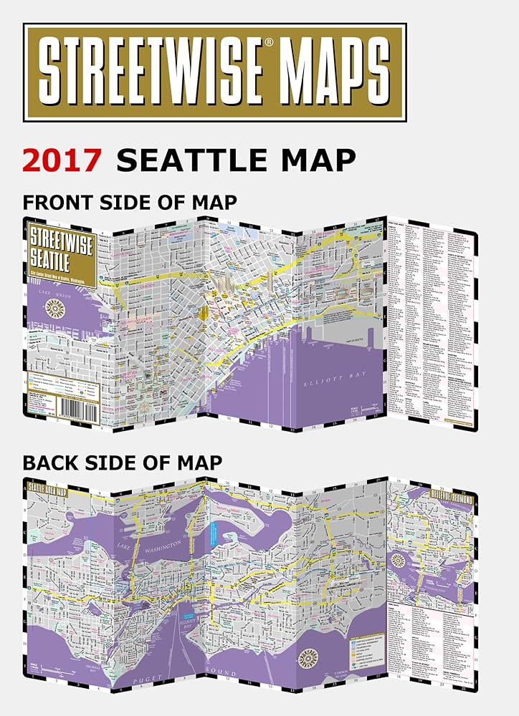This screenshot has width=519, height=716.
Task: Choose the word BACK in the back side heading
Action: coord(52,463)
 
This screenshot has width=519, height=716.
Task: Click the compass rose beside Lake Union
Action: coord(54,309)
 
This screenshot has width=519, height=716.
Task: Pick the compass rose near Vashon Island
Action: coord(313,655)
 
